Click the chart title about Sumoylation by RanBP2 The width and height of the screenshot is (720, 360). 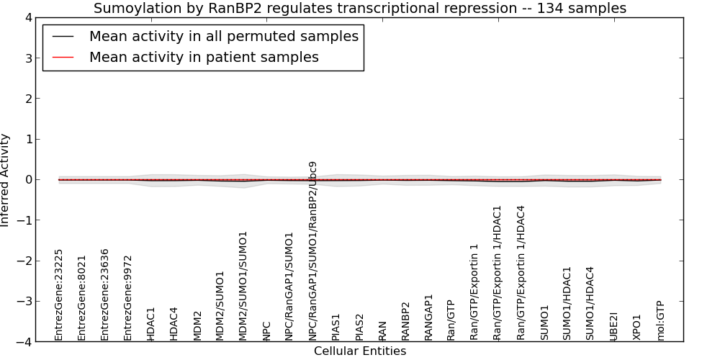[x=360, y=8]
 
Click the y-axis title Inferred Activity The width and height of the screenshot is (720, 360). [x=5, y=179]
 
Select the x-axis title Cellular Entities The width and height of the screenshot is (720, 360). [x=360, y=351]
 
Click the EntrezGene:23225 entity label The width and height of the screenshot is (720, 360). [x=58, y=295]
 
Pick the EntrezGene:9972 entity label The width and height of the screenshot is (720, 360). [x=127, y=299]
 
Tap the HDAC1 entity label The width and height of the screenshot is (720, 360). [x=151, y=324]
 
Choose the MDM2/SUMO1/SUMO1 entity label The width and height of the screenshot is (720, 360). [x=243, y=286]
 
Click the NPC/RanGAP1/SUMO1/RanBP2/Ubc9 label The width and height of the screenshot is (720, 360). [x=312, y=251]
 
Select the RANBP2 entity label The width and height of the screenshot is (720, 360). [x=405, y=321]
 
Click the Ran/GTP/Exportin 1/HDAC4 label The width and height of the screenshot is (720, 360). [x=521, y=273]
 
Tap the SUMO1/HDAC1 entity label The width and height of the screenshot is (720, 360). [x=567, y=304]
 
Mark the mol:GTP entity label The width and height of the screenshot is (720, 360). [x=661, y=321]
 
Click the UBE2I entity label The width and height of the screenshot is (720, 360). [x=613, y=326]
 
